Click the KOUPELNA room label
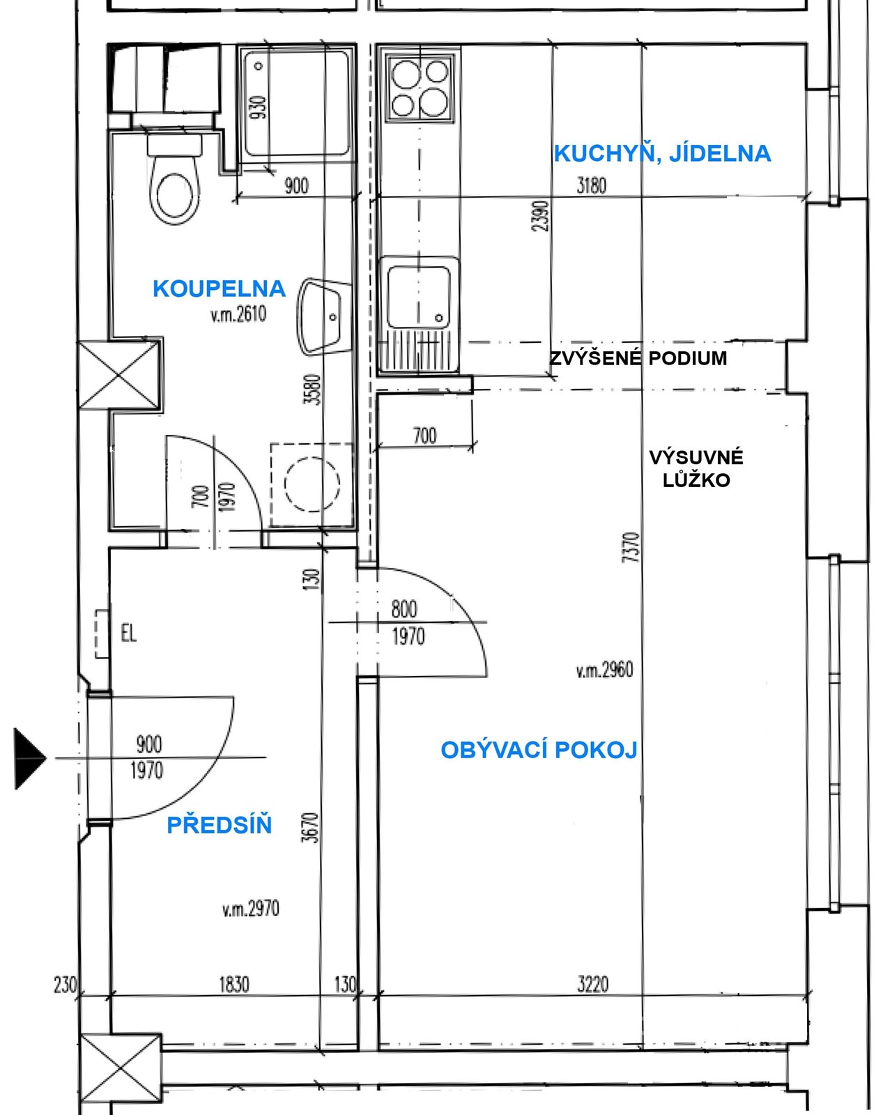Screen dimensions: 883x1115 [220, 289]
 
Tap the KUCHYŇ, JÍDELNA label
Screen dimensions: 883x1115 [662, 154]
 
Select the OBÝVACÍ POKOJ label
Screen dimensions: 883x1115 [539, 750]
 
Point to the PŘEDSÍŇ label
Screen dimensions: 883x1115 [220, 825]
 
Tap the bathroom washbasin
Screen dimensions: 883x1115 [321, 317]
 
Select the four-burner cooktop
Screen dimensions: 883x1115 [420, 88]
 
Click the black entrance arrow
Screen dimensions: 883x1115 [29, 758]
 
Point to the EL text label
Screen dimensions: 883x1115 [129, 633]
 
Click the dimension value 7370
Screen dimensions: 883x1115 [633, 548]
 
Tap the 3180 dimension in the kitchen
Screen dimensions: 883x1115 [591, 185]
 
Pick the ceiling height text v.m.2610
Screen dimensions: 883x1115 [238, 314]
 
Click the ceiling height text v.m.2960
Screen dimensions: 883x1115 [605, 670]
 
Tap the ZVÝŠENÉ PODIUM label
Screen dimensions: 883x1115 [638, 358]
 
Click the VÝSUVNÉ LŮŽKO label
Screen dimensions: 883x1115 [696, 469]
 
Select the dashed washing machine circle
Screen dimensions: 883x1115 [312, 484]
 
